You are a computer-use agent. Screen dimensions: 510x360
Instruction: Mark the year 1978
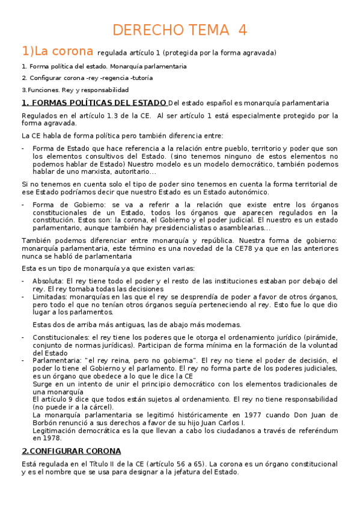coord(47,438)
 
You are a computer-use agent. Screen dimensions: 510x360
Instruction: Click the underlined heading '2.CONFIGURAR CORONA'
coord(71,451)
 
